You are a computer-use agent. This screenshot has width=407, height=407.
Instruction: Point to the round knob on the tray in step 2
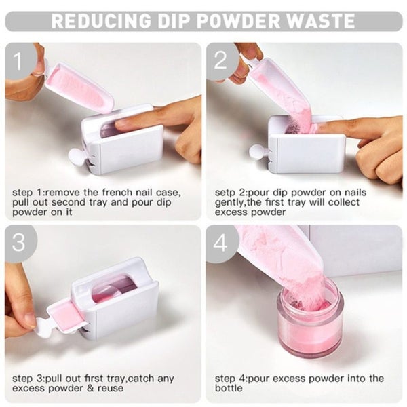(257, 151)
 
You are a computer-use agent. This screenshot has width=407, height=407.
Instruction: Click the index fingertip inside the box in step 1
(122, 124)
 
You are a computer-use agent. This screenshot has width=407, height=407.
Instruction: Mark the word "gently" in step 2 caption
(230, 202)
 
